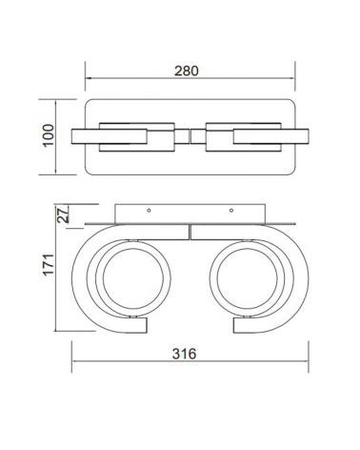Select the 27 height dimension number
coord(64,215)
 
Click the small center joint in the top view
coord(190,135)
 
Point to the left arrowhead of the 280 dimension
coord(89,80)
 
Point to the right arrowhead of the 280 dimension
coord(291,80)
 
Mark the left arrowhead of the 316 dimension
coord(75,363)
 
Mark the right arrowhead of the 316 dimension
coord(303,363)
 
